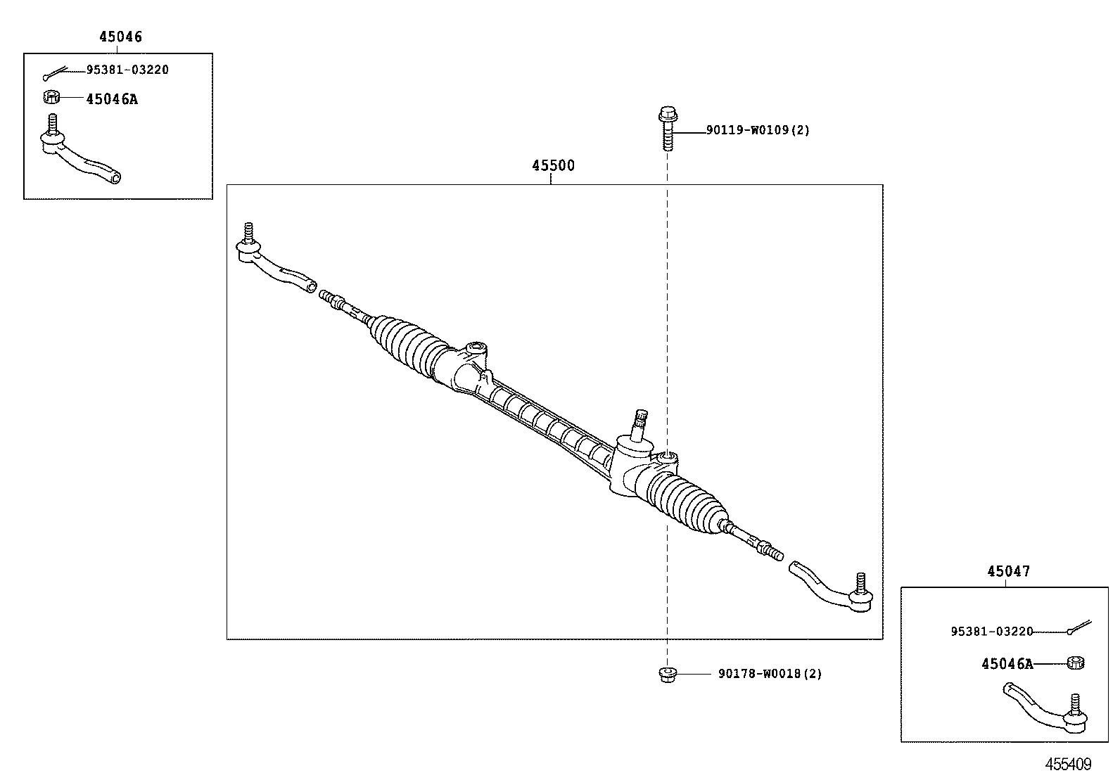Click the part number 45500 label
(x=553, y=166)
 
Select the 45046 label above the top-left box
(x=120, y=37)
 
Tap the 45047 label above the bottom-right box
(x=1008, y=571)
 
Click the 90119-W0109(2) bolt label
(x=758, y=130)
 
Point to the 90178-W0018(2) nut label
(x=770, y=674)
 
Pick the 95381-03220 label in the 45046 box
(x=127, y=70)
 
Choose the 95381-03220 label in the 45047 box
(x=992, y=632)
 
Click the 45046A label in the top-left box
(x=112, y=99)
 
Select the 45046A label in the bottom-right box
(x=1007, y=663)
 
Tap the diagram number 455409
(x=1068, y=764)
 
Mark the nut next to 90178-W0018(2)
(x=667, y=674)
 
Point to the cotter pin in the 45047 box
(x=1078, y=625)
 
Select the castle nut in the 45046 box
(x=51, y=96)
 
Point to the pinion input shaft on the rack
(x=642, y=424)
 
